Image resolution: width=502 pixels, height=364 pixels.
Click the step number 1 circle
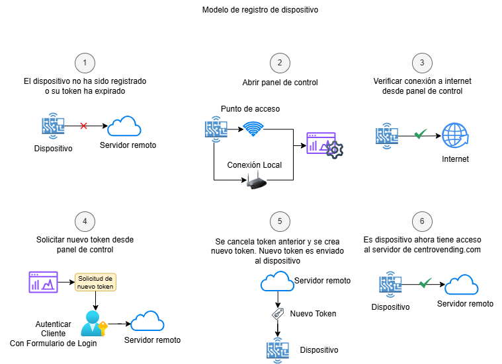[x=84, y=63]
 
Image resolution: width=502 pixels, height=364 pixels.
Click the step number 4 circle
[x=84, y=221]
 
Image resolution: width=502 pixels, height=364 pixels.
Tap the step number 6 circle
[x=422, y=221]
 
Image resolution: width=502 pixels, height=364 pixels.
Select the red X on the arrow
[x=83, y=125]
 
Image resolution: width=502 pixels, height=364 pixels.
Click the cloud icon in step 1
[x=124, y=126]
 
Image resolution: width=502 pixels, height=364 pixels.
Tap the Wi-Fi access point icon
[x=252, y=128]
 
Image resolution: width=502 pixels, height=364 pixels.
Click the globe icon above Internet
[x=454, y=135]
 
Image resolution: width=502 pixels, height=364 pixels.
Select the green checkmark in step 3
[x=419, y=135]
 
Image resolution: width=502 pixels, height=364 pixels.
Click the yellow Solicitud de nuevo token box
[x=96, y=282]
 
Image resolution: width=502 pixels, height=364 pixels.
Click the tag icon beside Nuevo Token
[x=278, y=314]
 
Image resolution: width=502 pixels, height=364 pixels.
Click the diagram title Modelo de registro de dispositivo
[x=251, y=10]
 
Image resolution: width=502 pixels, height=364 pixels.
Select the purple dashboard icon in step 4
[x=42, y=282]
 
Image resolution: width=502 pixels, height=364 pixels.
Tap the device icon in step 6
[x=390, y=285]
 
